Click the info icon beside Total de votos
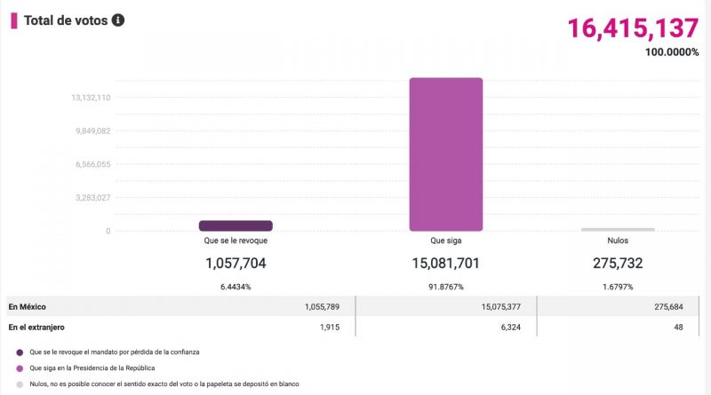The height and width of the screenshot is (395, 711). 118,20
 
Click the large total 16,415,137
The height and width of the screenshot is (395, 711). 633,28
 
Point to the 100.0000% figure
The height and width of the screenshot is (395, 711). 672,51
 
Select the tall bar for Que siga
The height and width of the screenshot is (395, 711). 445,154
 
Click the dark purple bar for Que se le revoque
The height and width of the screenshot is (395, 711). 236,225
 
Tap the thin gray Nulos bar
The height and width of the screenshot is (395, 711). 618,229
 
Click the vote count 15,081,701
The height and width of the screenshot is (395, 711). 445,263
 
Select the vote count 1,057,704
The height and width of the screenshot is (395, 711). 236,263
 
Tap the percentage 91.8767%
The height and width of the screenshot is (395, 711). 445,287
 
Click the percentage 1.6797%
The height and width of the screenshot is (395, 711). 618,287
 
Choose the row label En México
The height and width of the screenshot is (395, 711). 28,307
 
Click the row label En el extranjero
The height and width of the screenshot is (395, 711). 38,328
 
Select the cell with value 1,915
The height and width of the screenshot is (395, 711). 332,328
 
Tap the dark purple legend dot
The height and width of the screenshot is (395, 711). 20,352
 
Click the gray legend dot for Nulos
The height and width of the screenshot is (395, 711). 20,384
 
